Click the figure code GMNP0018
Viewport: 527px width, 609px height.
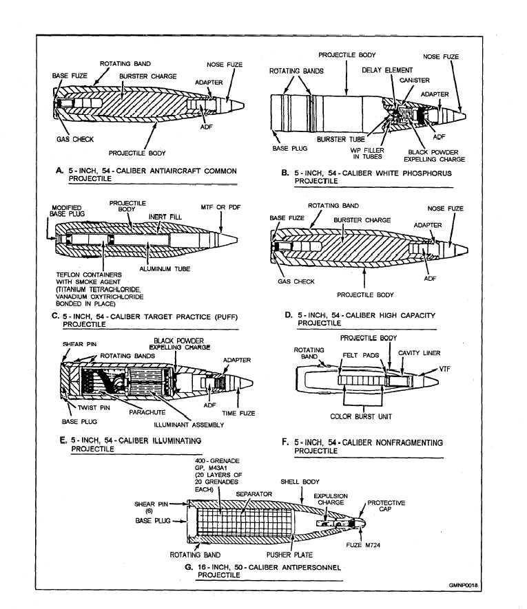click(463, 586)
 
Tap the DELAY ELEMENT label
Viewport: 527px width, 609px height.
click(387, 70)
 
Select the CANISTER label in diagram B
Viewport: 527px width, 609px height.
click(415, 81)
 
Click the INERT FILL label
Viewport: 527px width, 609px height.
click(165, 217)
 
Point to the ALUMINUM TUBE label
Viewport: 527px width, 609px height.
click(165, 269)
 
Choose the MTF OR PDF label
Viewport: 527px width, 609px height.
click(220, 207)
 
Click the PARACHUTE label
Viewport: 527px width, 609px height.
click(147, 412)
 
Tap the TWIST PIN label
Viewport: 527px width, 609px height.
click(94, 408)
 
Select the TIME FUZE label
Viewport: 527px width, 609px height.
click(238, 414)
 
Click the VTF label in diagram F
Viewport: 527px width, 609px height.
click(444, 369)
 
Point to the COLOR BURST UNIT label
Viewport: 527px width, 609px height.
click(361, 417)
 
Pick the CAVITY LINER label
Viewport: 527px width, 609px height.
click(420, 353)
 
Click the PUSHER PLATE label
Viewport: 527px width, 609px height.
click(289, 555)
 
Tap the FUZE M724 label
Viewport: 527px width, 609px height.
click(363, 545)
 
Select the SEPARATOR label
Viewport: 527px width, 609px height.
click(254, 494)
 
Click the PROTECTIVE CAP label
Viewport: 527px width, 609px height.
click(386, 506)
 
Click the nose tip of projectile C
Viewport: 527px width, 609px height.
click(237, 240)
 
